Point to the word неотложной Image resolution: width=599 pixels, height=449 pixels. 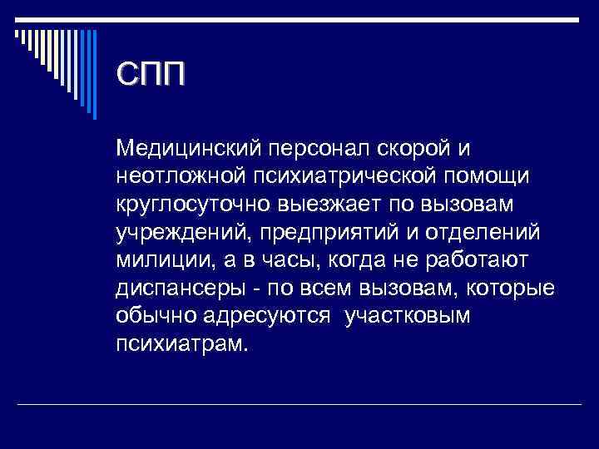(x=177, y=176)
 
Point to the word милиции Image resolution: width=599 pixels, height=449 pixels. (x=156, y=261)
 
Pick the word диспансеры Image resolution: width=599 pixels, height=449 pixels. (x=176, y=289)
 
